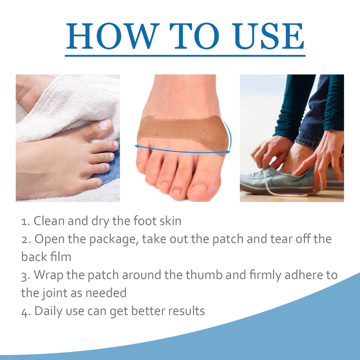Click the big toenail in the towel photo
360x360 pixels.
(104, 125)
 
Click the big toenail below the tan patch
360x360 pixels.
(199, 187)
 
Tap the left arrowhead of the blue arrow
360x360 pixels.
(136, 146)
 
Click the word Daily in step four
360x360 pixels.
(48, 311)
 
